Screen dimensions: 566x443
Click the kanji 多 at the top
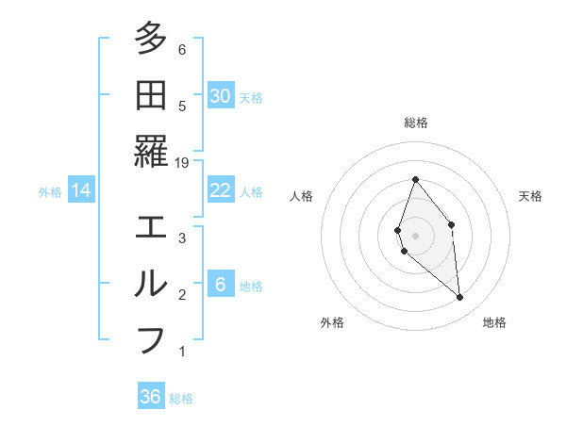click(151, 40)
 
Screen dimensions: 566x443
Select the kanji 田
click(151, 95)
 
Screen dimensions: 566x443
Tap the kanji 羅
click(151, 151)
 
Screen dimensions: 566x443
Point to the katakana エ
click(151, 227)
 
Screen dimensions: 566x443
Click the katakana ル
click(151, 283)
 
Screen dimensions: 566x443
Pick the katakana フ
click(151, 338)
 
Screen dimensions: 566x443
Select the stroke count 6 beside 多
click(182, 50)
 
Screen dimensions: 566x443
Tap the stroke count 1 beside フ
click(182, 352)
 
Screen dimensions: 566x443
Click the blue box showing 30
click(220, 95)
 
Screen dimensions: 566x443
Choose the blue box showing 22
click(220, 190)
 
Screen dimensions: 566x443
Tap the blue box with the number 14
click(81, 190)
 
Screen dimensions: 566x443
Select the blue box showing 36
click(150, 397)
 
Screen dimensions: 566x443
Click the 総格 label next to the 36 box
click(181, 399)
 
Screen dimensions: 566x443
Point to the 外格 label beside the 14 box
click(50, 192)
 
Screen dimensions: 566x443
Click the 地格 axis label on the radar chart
click(494, 322)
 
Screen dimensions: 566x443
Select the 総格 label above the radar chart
click(415, 123)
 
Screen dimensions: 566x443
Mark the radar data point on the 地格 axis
click(460, 298)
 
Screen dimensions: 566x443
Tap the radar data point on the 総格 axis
click(415, 179)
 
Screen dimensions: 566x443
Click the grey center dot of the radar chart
click(415, 235)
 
